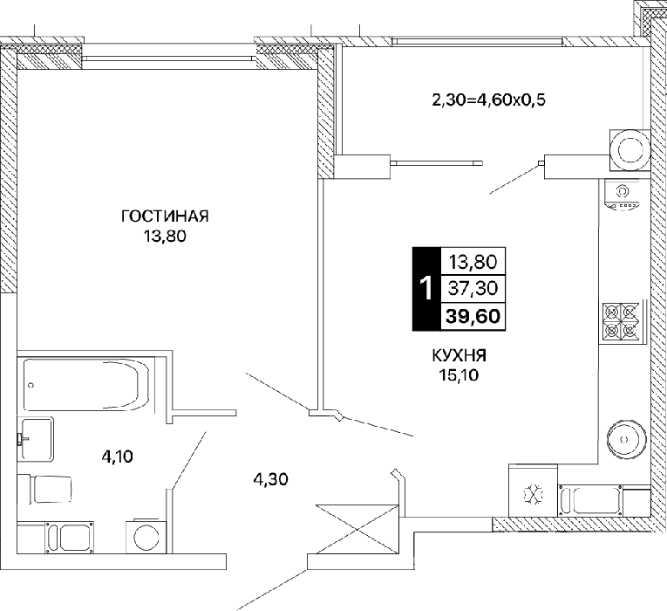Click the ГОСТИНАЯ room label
pos(165,216)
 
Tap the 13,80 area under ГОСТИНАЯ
pos(165,236)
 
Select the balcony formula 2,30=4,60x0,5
pos(489,100)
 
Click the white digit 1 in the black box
pos(425,288)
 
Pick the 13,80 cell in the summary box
pos(473,262)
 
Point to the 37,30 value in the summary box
pos(473,288)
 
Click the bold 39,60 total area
pos(473,316)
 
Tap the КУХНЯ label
pos(459,355)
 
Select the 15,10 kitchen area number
pos(459,375)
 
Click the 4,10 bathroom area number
pos(118,457)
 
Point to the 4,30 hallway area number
pos(270,480)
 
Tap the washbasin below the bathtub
pos(36,438)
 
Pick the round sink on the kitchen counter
pos(626,439)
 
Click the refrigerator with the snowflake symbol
pos(533,491)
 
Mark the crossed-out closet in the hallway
pos(357,529)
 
